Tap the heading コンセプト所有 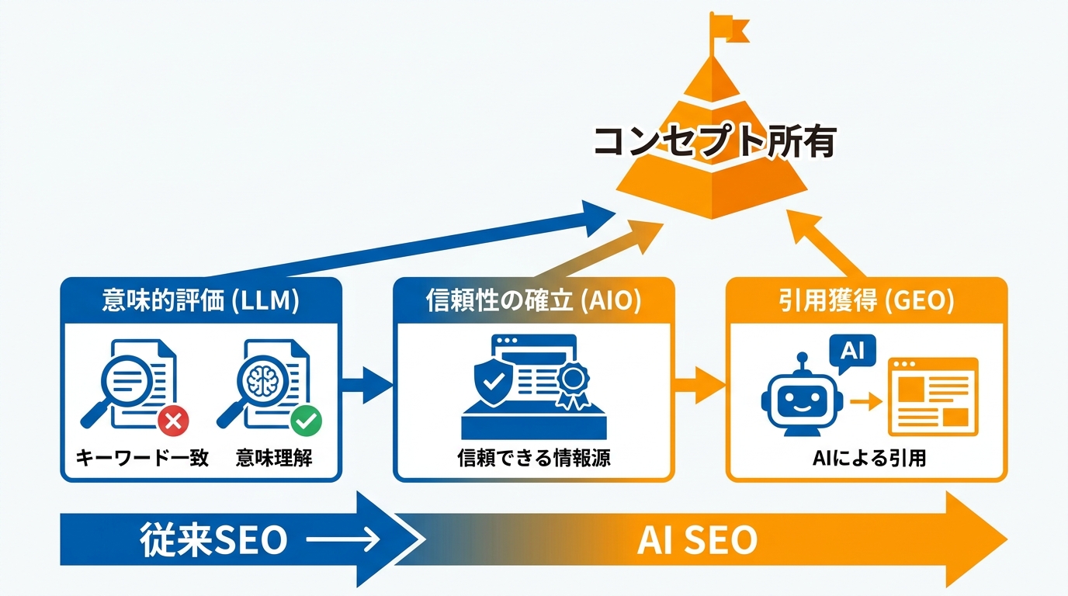point(713,143)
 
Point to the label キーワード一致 point(142,458)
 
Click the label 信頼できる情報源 point(533,458)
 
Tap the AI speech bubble point(852,351)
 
